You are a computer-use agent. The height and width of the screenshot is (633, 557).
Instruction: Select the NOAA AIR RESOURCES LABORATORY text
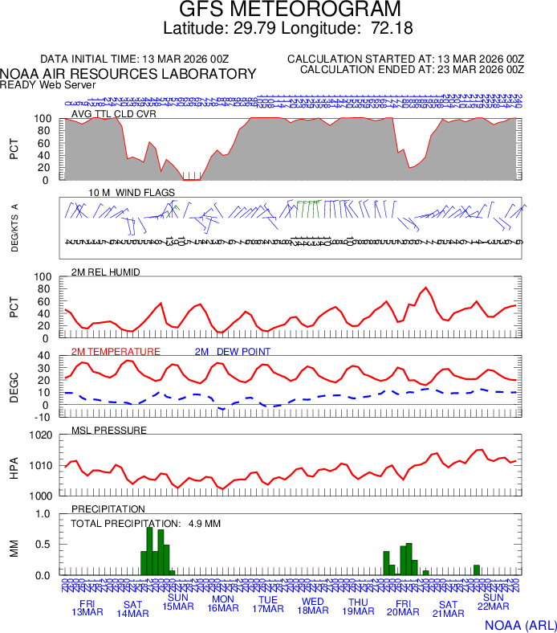pyautogui.click(x=128, y=74)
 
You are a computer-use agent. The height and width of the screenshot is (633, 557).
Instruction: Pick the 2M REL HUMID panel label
pyautogui.click(x=106, y=272)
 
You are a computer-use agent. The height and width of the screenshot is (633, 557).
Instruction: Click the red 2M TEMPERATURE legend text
pyautogui.click(x=116, y=352)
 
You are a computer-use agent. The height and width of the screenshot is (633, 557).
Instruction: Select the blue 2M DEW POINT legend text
pyautogui.click(x=233, y=352)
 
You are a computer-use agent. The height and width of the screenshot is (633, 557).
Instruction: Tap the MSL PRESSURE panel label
pyautogui.click(x=109, y=431)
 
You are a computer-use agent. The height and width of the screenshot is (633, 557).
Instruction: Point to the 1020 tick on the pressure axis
pyautogui.click(x=42, y=435)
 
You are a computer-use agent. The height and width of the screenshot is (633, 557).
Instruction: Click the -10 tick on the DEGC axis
pyautogui.click(x=43, y=417)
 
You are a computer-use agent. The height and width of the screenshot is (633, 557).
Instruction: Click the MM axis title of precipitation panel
pyautogui.click(x=14, y=549)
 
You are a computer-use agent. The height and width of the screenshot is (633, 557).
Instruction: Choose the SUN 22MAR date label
pyautogui.click(x=494, y=602)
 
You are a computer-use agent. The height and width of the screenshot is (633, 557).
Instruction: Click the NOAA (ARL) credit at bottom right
pyautogui.click(x=520, y=624)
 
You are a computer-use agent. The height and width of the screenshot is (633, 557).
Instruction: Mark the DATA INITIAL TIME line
pyautogui.click(x=135, y=59)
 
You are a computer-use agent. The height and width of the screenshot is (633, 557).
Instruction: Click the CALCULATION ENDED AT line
pyautogui.click(x=412, y=70)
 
